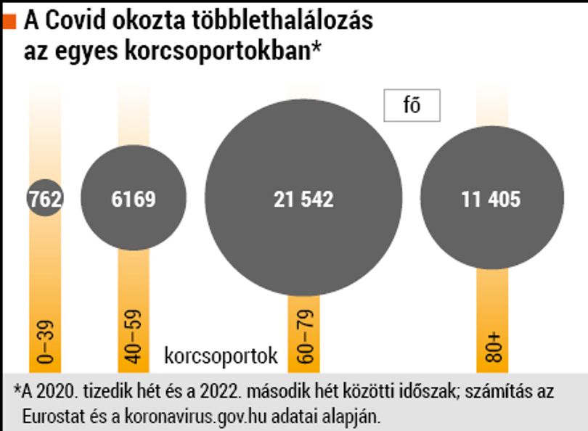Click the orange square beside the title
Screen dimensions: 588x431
click(x=9, y=21)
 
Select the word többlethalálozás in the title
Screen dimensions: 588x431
click(x=282, y=20)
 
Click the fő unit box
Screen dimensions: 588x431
click(x=412, y=105)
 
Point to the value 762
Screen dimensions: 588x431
click(x=46, y=199)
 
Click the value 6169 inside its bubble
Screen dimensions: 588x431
click(x=134, y=199)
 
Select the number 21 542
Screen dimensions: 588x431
click(x=303, y=199)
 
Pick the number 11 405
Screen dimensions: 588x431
click(x=491, y=199)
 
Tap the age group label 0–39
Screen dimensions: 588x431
click(x=46, y=342)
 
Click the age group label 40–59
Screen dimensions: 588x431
click(x=134, y=337)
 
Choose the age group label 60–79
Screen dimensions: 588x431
click(x=304, y=337)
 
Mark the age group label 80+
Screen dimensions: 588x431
click(x=492, y=347)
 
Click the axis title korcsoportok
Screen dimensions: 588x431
click(x=221, y=356)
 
